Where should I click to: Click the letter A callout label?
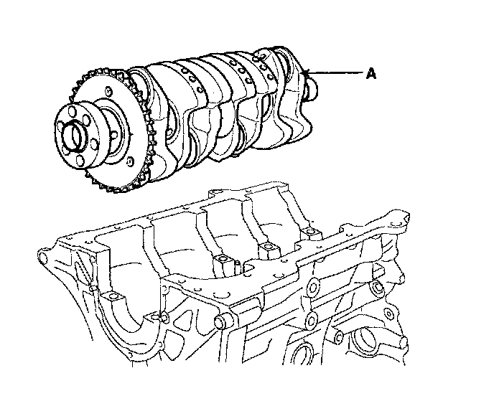(x=371, y=72)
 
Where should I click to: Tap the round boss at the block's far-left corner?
(x=44, y=257)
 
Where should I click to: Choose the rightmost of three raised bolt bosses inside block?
(x=312, y=233)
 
